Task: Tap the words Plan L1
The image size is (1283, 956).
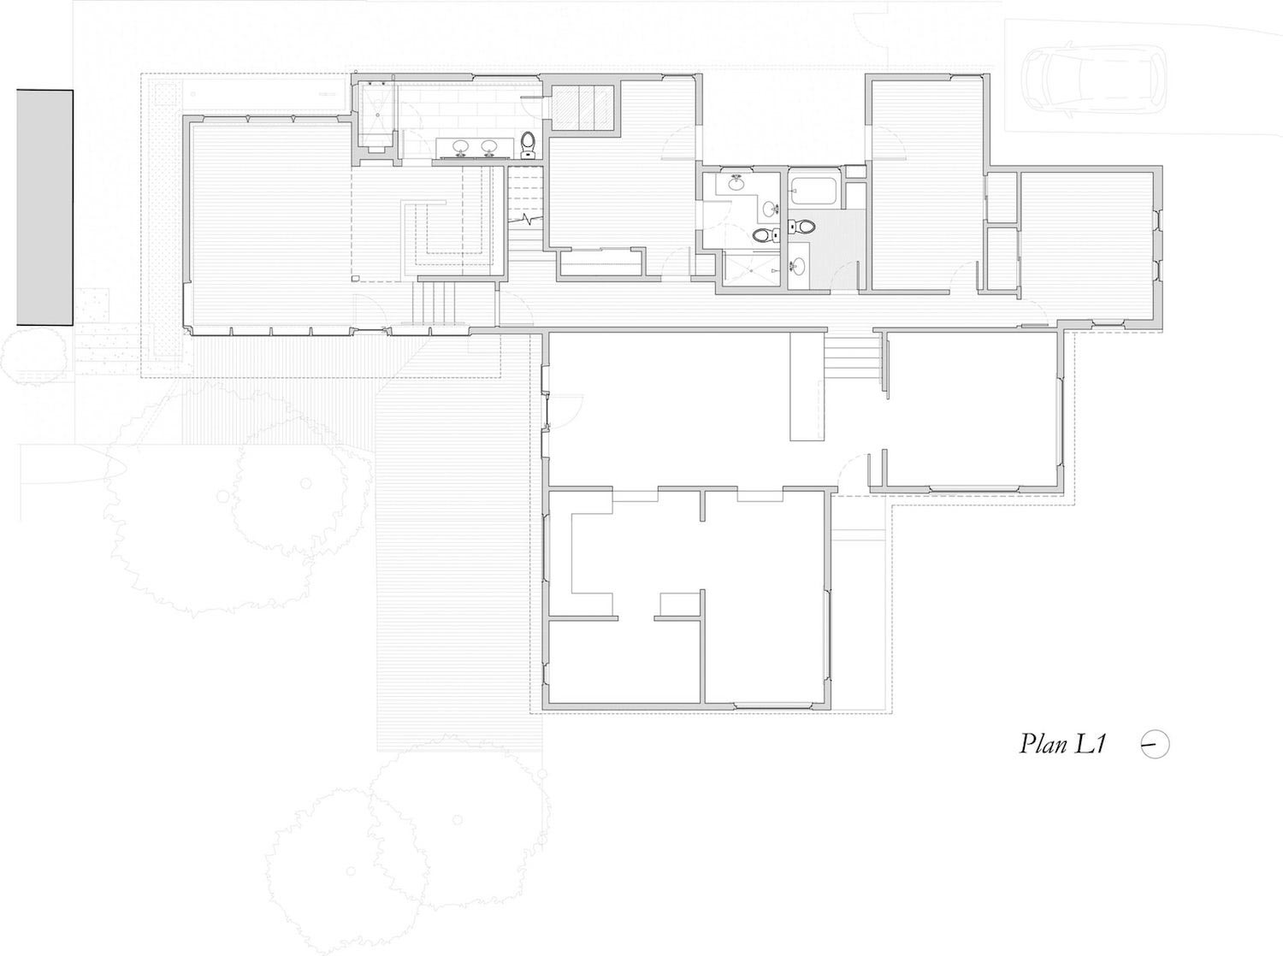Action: (1063, 744)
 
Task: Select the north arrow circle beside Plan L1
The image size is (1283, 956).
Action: (1155, 744)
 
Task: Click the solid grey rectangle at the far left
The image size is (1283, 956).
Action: (44, 207)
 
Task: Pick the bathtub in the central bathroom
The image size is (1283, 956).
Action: (809, 190)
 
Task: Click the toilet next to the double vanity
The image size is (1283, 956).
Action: (529, 145)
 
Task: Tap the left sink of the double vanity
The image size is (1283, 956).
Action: (460, 148)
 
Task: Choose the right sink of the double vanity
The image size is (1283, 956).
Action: (489, 148)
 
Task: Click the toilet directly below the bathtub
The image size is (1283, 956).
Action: (801, 227)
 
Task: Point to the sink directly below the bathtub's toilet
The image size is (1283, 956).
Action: (797, 267)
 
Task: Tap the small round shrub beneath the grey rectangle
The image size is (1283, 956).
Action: (33, 353)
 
